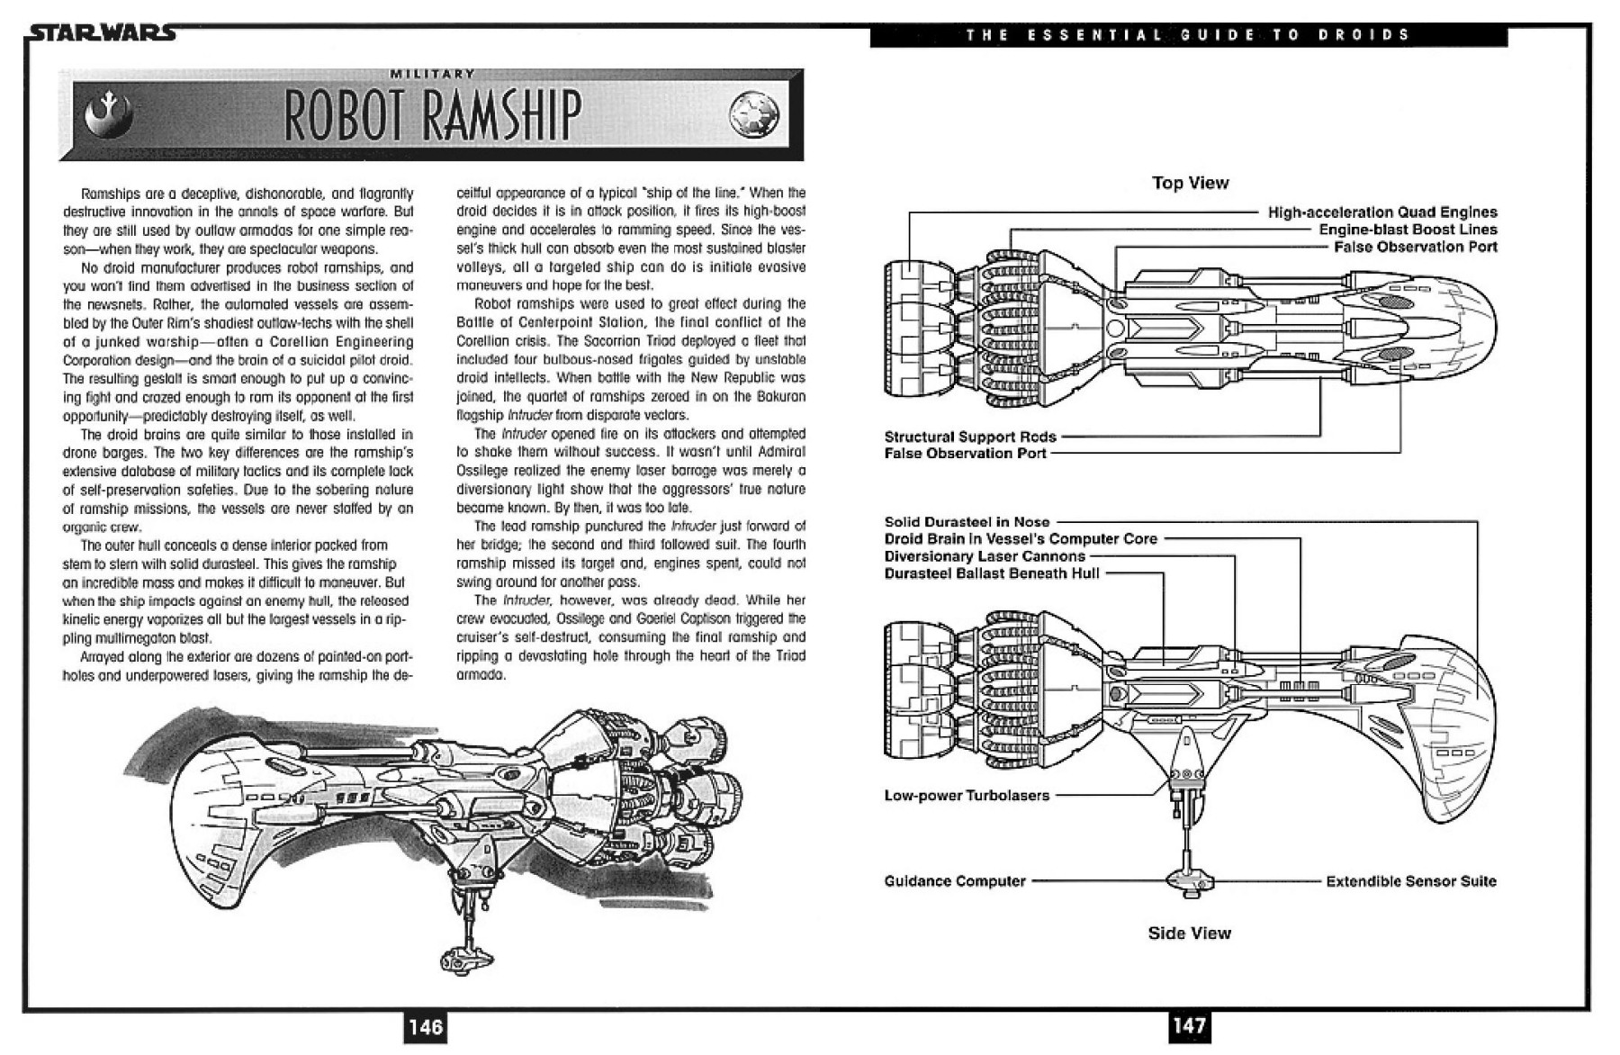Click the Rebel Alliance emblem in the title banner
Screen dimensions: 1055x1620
108,114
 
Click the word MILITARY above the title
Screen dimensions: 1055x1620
431,74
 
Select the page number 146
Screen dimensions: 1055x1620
425,1026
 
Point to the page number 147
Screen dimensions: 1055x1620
1189,1024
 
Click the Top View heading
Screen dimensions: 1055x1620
1190,183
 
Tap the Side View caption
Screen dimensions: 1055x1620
1189,933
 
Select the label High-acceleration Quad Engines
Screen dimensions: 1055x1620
1381,212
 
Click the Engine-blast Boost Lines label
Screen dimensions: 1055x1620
1408,230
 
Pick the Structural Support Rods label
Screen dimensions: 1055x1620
970,437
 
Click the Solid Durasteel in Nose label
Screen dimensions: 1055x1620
967,522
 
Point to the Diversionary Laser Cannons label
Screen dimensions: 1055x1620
985,556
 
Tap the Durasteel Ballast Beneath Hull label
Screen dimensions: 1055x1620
992,573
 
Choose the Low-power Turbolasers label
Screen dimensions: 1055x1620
967,796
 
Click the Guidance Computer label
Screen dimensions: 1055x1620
955,881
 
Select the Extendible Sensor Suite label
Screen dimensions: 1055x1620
1410,881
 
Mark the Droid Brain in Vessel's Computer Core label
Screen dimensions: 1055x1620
1021,539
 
